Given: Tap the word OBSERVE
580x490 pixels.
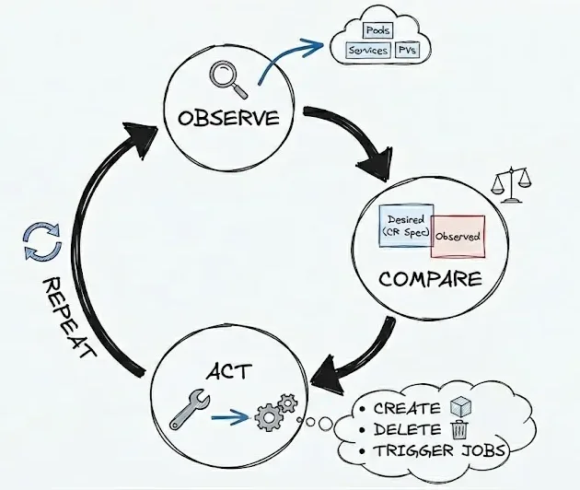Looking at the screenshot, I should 229,119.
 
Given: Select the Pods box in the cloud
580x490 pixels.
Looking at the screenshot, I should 377,30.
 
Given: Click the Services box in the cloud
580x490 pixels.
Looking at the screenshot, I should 366,52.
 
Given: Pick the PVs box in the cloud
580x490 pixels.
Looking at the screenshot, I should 406,52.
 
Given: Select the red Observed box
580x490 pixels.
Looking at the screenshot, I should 458,236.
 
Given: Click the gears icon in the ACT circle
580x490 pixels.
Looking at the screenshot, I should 274,414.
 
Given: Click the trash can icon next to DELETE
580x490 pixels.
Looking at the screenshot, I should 458,428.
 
